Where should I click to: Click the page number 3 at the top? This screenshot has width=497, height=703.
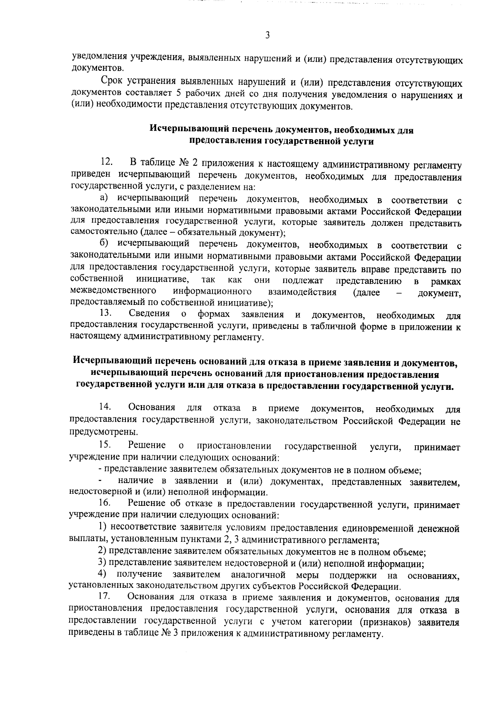click(268, 35)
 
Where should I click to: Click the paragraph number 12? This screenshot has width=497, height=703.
click(106, 161)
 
